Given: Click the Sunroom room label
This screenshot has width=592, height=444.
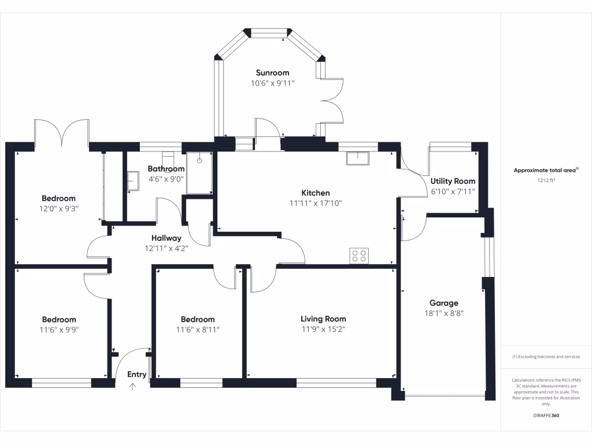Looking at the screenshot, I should point(272,73).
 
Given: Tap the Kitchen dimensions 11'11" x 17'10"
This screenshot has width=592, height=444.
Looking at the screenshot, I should point(316,203).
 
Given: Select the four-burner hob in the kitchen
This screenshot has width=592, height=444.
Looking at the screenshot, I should point(359,256).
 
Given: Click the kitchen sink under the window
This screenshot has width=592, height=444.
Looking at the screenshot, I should point(358,157).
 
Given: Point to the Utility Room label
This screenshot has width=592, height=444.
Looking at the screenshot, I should point(453,181).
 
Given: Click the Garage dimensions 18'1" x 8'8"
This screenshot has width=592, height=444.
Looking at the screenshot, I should point(443,313).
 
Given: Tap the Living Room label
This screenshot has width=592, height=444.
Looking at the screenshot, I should point(323,319).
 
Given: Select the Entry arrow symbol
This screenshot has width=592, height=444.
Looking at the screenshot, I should point(133,387).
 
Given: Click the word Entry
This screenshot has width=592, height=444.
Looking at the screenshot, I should point(137,375).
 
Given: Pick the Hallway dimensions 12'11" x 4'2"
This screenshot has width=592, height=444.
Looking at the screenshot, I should point(166,249).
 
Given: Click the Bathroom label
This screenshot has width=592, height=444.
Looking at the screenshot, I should point(166,169).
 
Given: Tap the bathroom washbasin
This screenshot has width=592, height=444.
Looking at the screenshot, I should point(133,180).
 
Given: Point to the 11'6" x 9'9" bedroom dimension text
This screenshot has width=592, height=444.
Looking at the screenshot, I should point(59,330).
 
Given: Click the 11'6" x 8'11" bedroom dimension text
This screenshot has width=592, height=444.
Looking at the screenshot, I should point(198,330).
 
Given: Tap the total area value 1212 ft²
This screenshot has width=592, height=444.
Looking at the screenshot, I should point(546,180).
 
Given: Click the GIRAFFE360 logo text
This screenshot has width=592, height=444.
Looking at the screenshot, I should point(546,416).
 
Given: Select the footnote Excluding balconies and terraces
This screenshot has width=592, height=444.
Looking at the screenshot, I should point(546,357).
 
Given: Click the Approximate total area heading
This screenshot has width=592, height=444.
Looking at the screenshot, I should point(546,170).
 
